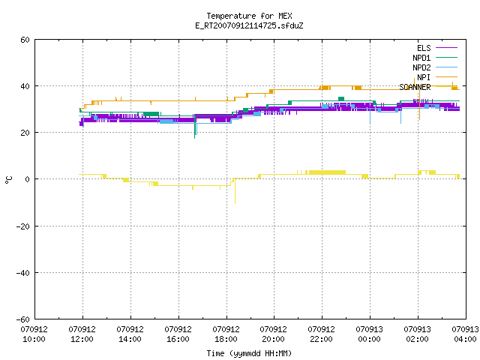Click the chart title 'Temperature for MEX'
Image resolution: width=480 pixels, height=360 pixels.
(249, 16)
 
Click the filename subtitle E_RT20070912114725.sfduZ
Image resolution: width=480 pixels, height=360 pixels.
(249, 25)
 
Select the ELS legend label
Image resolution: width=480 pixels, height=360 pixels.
(424, 48)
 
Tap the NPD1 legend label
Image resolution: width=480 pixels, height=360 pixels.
(421, 58)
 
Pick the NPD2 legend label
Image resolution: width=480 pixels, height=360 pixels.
(421, 67)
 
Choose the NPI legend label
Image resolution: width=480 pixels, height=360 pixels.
(424, 77)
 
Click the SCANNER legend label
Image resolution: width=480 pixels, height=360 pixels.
(415, 87)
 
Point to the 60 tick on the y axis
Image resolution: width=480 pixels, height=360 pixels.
(25, 40)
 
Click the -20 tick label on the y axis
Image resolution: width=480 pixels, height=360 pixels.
(23, 226)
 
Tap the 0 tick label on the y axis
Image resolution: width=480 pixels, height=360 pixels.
(28, 179)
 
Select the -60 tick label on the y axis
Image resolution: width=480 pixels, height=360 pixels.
(23, 319)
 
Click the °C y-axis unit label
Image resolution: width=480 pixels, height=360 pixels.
(8, 180)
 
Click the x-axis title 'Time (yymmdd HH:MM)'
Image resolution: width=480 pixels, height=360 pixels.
(249, 353)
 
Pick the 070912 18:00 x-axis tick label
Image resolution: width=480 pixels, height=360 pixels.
(226, 334)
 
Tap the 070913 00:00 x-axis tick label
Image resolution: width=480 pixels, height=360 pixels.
(369, 334)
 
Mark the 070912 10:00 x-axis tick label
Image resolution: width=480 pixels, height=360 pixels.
(34, 334)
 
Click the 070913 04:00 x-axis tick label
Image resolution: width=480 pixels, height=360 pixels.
(465, 334)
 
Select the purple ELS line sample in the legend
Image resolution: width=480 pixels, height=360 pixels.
(447, 48)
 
